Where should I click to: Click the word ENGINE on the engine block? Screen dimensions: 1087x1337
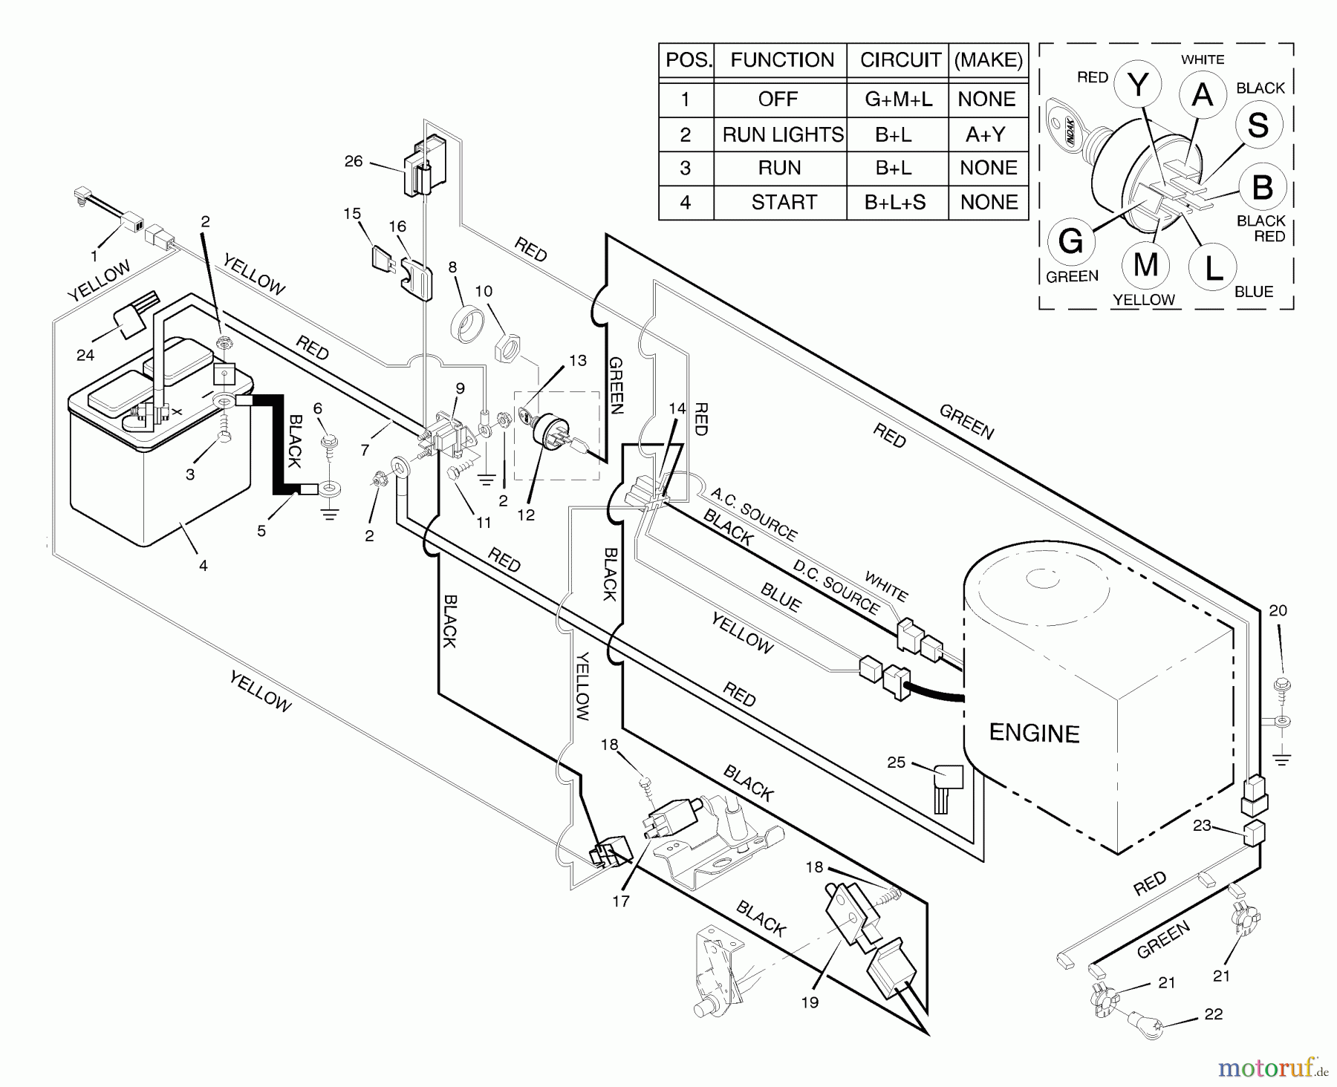(x=1034, y=733)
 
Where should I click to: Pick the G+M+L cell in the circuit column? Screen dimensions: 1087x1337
(x=898, y=99)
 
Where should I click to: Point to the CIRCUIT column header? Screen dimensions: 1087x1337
(x=900, y=60)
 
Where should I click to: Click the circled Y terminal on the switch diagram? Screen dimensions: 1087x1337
(x=1139, y=86)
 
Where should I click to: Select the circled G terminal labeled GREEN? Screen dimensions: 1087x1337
(x=1070, y=242)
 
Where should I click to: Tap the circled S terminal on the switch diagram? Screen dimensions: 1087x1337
(x=1258, y=125)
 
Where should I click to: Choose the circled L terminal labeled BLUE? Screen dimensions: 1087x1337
(x=1211, y=269)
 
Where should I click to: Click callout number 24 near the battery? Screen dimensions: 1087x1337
(x=85, y=355)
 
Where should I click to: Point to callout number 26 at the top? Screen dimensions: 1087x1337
(x=354, y=161)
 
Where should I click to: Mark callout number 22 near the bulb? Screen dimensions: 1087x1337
(x=1213, y=1014)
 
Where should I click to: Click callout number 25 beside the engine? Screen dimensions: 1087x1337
(x=897, y=762)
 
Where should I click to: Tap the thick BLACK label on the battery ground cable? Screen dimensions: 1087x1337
(x=293, y=441)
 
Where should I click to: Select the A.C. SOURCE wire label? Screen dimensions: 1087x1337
(x=753, y=515)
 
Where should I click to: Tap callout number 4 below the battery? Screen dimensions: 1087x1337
(x=203, y=566)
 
